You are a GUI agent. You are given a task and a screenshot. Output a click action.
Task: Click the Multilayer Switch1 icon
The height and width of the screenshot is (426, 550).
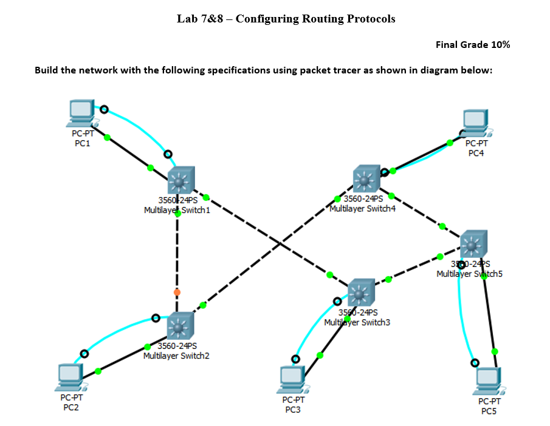pos(180,180)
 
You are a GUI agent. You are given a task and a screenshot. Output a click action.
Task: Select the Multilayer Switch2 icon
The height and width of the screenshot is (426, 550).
pos(180,326)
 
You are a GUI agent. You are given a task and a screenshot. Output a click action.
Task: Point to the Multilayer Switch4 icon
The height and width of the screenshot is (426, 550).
pos(366,179)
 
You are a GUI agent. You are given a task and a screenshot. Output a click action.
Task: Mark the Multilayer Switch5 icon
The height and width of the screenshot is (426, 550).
pos(473,244)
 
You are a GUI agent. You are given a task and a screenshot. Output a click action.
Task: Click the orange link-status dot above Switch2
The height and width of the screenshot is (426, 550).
pos(177,292)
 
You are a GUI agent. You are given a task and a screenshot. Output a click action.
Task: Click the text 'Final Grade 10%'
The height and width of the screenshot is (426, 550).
pos(473,45)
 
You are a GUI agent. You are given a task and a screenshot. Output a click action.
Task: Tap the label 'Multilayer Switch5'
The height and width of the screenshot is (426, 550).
pos(469,274)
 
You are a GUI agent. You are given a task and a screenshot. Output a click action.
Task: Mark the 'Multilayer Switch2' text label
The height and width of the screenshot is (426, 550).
pos(176,356)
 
